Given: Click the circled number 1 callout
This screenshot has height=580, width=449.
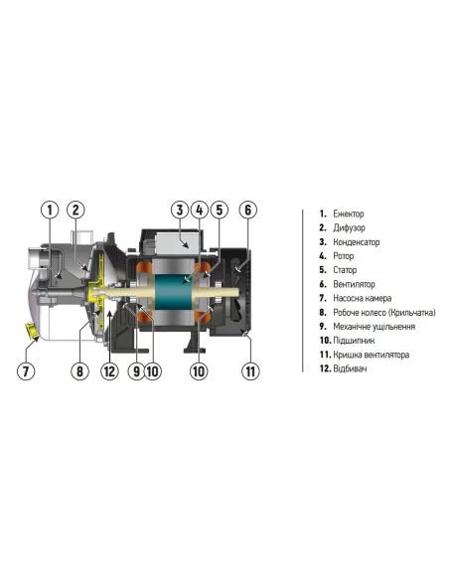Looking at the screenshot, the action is (50, 211).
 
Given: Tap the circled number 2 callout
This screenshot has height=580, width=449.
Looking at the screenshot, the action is (75, 211).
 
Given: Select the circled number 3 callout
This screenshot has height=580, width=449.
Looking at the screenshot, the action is (180, 211).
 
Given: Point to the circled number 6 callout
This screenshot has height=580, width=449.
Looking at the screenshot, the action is (247, 211).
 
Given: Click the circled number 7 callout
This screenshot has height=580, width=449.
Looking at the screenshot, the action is (26, 371).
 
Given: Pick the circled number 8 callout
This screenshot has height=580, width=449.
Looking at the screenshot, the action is (79, 371).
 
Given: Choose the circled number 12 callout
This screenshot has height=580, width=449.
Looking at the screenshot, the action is (109, 371).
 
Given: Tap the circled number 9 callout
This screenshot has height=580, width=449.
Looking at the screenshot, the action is (136, 371).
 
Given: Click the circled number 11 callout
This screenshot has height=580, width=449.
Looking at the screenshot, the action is (250, 371).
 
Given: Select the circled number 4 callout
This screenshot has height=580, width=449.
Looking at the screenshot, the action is (200, 211).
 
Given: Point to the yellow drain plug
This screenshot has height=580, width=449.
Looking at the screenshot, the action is (31, 330).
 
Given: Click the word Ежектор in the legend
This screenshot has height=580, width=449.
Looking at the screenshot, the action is (349, 214).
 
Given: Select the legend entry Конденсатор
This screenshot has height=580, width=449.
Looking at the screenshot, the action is (357, 242).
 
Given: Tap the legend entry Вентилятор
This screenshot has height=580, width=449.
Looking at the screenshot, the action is (354, 284).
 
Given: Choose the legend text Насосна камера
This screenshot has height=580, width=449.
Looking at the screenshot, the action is (363, 298).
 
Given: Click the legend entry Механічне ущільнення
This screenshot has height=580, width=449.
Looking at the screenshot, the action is (374, 327).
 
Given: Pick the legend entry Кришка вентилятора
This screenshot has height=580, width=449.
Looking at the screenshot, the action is (371, 355).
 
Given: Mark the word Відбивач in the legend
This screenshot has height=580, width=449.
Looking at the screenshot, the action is (350, 368).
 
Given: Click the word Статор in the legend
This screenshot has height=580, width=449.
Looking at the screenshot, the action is (345, 270).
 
